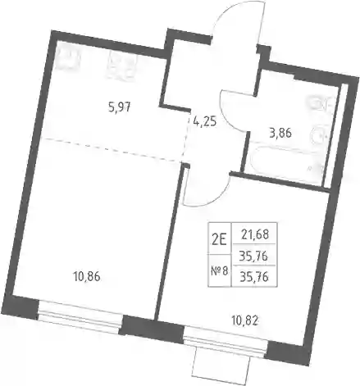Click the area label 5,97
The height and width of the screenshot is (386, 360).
(120, 108)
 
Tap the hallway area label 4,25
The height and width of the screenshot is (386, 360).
(205, 121)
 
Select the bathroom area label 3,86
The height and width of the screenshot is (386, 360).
(280, 134)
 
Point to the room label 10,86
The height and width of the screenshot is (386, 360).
(87, 277)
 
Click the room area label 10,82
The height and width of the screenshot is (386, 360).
(244, 322)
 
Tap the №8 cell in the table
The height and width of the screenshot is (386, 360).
(220, 271)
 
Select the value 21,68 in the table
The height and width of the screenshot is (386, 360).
(255, 234)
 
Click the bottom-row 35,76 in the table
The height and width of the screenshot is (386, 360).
(253, 277)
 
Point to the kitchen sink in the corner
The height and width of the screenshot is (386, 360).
(68, 59)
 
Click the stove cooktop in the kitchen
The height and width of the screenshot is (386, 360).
(121, 66)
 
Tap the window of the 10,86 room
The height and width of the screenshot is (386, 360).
(80, 317)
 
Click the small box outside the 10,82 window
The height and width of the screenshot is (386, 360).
(221, 363)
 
